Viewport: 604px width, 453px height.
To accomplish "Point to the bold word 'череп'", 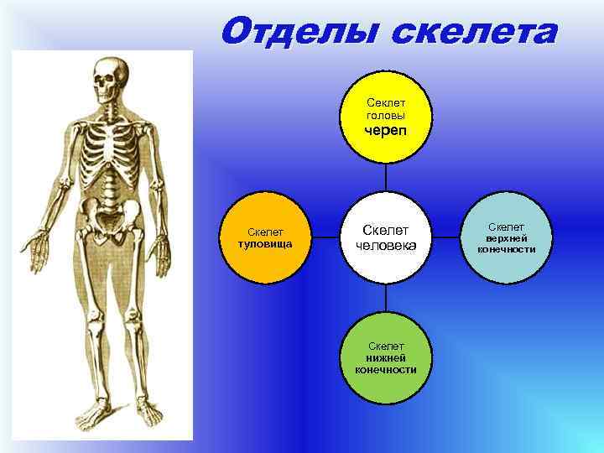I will click(x=386, y=133).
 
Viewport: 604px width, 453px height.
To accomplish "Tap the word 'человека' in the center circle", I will click(x=386, y=246).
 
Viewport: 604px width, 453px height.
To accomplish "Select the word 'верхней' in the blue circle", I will click(x=506, y=238).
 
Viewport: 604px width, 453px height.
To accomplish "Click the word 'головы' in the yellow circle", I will click(x=385, y=114).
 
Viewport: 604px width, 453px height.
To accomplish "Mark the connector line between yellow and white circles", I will click(x=386, y=178).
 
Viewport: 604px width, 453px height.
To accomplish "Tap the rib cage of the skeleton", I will click(x=109, y=151).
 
